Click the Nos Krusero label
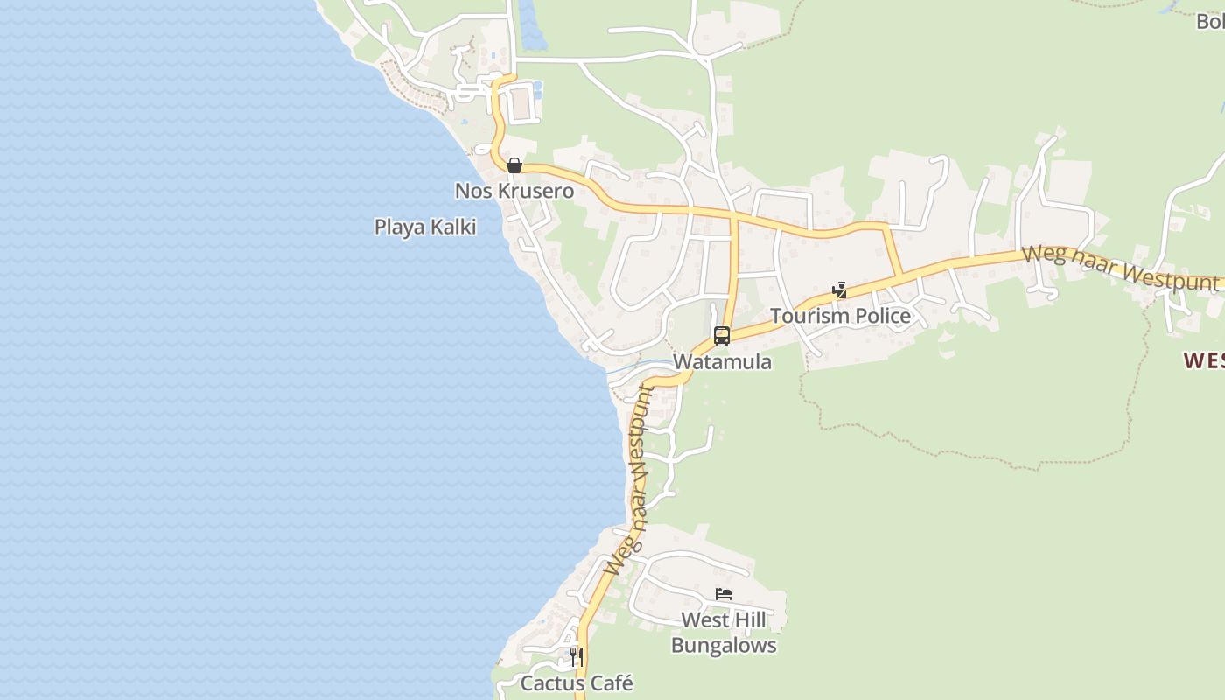514,191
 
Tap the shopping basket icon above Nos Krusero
514,165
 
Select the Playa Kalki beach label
425,227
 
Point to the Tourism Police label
840,316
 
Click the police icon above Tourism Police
839,290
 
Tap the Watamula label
722,361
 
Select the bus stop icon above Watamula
722,335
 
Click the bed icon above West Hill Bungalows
724,594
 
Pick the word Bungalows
724,646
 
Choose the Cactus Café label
577,682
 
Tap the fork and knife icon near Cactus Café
576,656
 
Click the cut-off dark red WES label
1204,360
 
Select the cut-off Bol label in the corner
1210,22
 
